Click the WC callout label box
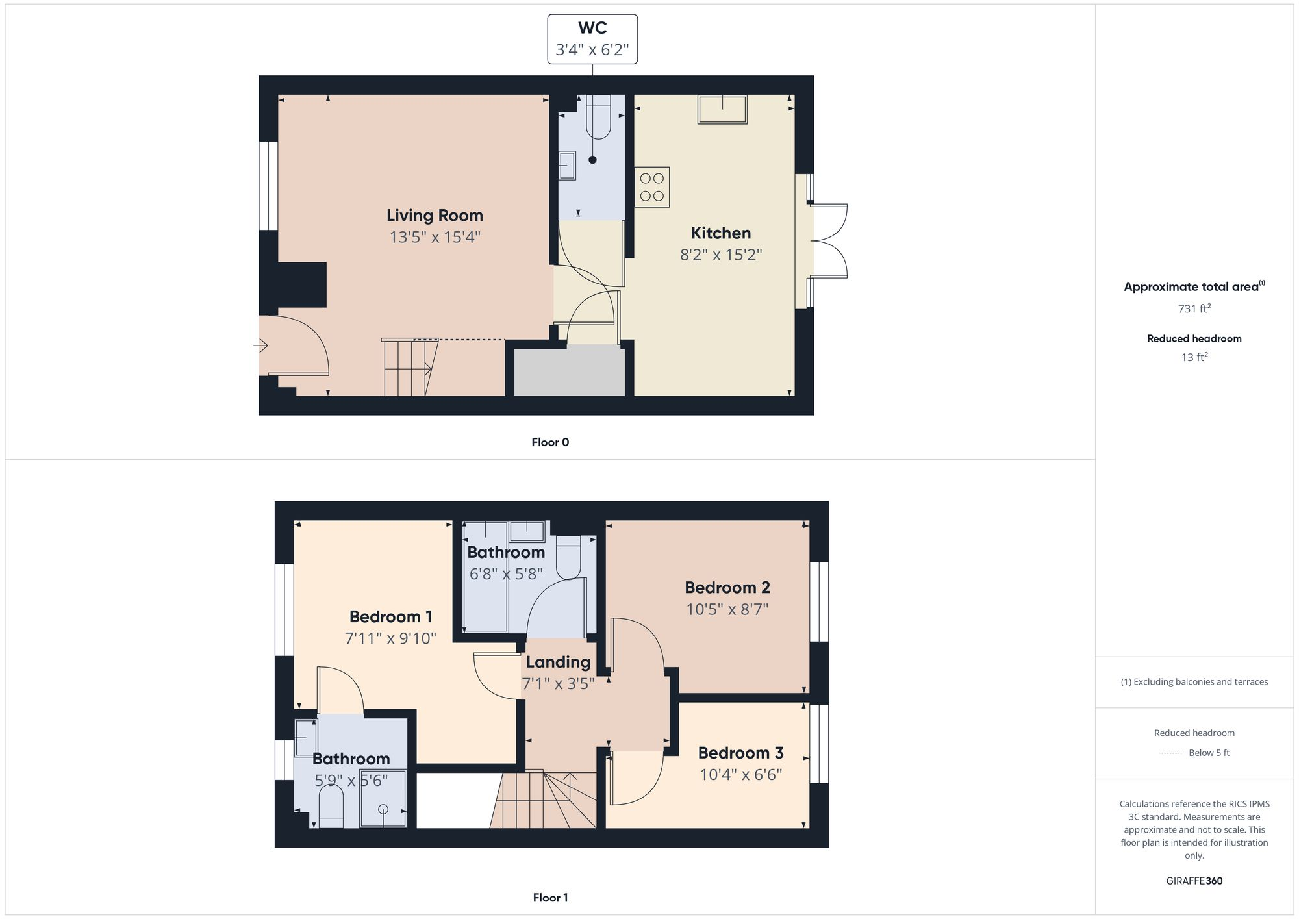[x=592, y=39]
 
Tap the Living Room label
[x=435, y=216]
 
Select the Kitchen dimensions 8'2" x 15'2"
[x=721, y=255]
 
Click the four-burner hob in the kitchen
[x=652, y=187]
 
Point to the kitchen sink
[x=722, y=109]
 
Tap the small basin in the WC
[x=567, y=165]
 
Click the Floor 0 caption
[x=550, y=442]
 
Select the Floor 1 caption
[x=550, y=898]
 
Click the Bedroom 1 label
[x=390, y=616]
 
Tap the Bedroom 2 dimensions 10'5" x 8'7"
[x=727, y=609]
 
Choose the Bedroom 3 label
[x=740, y=753]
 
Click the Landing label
[x=558, y=662]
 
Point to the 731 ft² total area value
[x=1194, y=308]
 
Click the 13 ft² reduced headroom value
[x=1194, y=357]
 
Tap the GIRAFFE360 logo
[x=1194, y=881]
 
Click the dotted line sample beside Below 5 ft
[x=1170, y=753]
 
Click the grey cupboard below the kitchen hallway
[x=570, y=370]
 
